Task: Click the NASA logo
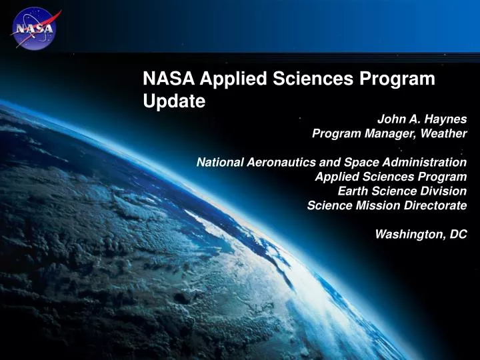pyautogui.click(x=34, y=28)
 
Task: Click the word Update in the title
pyautogui.click(x=174, y=101)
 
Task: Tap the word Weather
pyautogui.click(x=445, y=133)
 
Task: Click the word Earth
pyautogui.click(x=354, y=191)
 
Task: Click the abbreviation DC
pyautogui.click(x=458, y=234)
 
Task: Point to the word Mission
pyautogui.click(x=379, y=205)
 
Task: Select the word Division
pyautogui.click(x=444, y=191)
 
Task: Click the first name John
pyautogui.click(x=390, y=119)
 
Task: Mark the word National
pyautogui.click(x=217, y=162)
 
